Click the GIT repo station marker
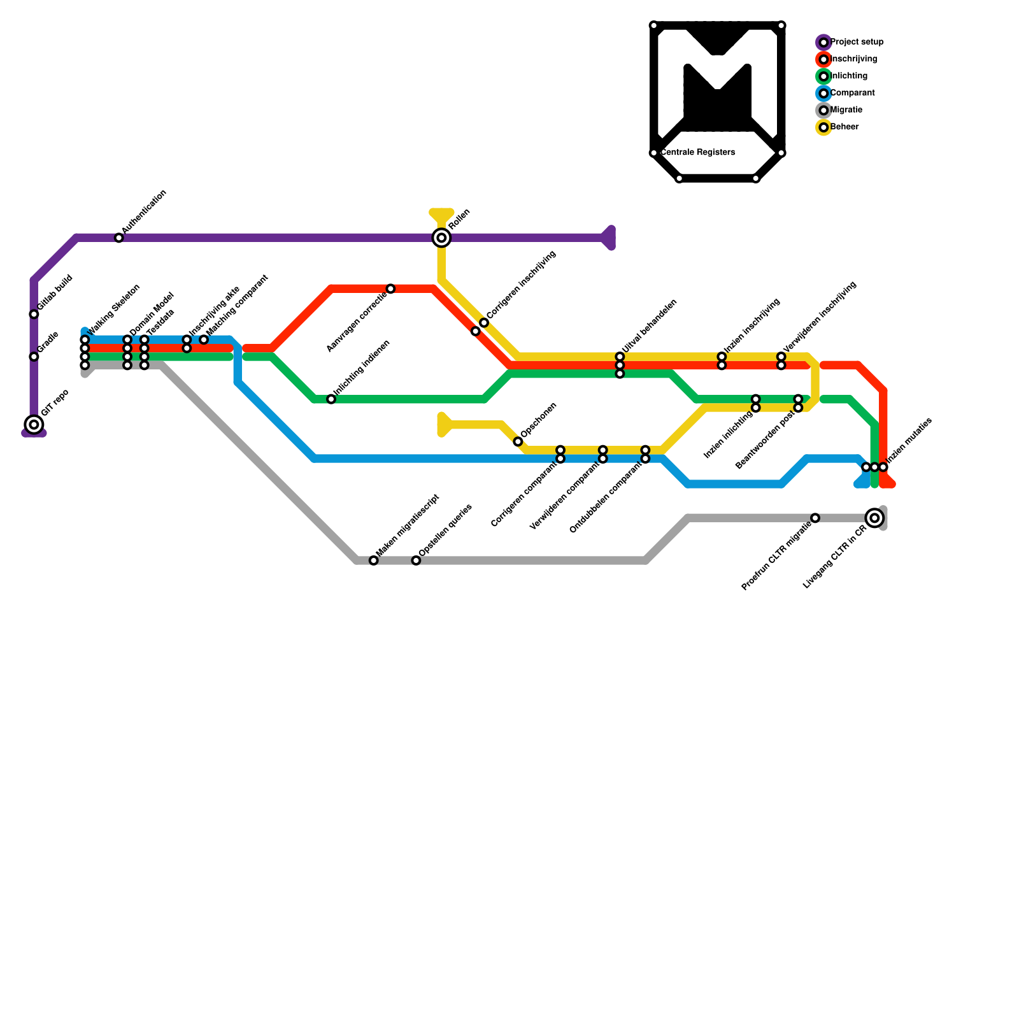34,425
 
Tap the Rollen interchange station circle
441,238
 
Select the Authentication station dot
119,238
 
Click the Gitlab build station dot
34,315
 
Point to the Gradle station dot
34,357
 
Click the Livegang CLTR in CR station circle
875,518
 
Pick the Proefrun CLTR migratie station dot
815,518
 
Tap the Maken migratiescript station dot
374,560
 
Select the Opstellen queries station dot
416,560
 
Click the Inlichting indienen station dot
331,399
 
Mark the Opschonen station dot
518,441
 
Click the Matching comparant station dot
204,340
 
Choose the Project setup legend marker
823,43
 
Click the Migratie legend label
846,110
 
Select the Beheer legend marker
823,127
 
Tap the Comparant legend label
853,93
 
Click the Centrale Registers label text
698,153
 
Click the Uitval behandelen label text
650,327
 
